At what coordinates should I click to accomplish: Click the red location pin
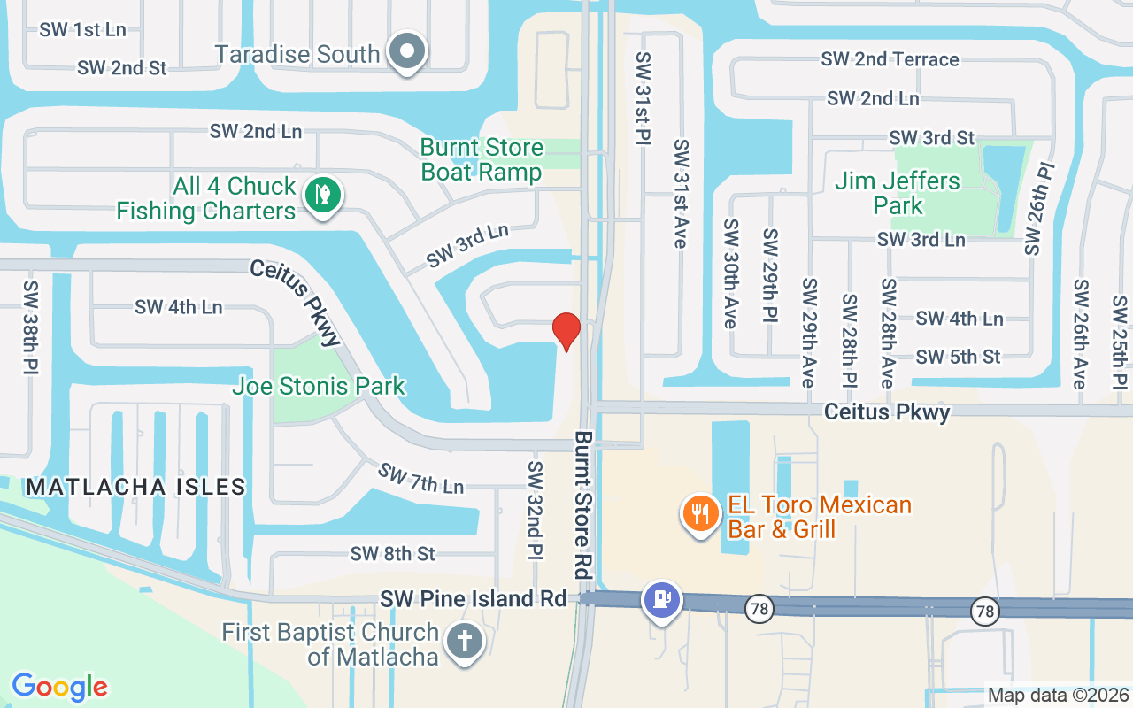click(566, 330)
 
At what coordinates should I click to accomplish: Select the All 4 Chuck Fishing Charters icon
click(322, 195)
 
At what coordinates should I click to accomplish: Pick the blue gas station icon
click(661, 598)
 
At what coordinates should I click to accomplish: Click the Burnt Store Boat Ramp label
click(482, 159)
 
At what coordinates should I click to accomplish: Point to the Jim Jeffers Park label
click(898, 193)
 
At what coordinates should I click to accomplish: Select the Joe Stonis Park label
click(319, 386)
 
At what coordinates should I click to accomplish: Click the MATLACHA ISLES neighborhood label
click(135, 487)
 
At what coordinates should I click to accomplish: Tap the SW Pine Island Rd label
click(473, 599)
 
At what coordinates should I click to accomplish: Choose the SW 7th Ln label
click(420, 479)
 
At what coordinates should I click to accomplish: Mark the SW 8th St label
click(393, 554)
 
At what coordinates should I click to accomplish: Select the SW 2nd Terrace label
click(890, 59)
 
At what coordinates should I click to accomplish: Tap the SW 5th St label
click(959, 357)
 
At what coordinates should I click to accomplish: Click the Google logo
click(59, 687)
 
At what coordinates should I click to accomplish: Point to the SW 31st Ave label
click(681, 193)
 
